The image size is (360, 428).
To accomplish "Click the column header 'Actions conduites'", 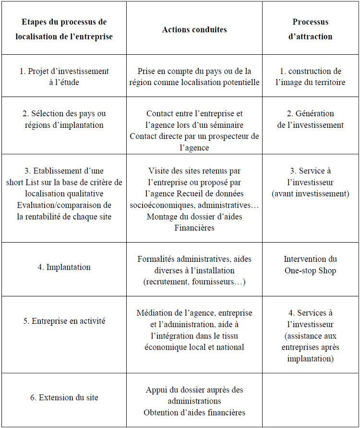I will click(x=194, y=29).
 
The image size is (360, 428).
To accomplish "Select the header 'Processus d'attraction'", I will click(x=310, y=29).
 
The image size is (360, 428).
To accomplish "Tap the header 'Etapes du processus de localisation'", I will click(x=64, y=29).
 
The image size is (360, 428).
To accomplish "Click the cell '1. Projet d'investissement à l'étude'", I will click(x=64, y=76).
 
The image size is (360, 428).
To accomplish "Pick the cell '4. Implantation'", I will click(x=64, y=267).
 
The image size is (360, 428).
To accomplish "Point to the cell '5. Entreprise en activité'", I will click(x=64, y=321).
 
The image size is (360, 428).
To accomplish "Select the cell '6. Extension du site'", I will click(x=64, y=397).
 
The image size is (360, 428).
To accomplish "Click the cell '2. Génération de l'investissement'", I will click(x=310, y=119).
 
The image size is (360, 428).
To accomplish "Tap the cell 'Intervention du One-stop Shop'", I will click(x=310, y=265).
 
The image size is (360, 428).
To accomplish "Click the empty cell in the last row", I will click(x=310, y=400).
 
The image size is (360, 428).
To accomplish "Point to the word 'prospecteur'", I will click(x=228, y=136).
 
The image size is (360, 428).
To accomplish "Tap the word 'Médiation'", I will click(x=154, y=313).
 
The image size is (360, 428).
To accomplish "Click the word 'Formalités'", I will click(x=156, y=259).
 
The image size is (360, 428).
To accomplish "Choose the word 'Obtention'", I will click(x=160, y=413).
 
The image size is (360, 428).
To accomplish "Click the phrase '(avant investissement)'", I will click(x=310, y=194).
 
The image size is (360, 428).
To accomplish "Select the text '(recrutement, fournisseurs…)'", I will click(x=194, y=282).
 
